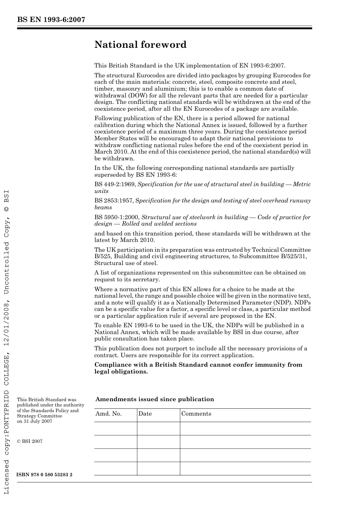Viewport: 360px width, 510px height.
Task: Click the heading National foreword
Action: [140, 45]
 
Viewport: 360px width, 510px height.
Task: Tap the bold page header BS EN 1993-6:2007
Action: [51, 20]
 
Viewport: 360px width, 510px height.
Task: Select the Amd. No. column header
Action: [108, 414]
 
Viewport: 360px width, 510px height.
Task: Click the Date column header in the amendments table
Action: [145, 414]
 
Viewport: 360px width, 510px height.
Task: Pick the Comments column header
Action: [196, 414]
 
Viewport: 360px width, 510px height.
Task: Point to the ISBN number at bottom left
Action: [45, 474]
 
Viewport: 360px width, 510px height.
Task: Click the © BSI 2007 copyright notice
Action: [30, 441]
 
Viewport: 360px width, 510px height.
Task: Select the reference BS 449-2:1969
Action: [115, 184]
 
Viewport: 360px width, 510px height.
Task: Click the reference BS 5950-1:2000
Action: [117, 217]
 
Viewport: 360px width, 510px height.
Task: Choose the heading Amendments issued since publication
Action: [155, 399]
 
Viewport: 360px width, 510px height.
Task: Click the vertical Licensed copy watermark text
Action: [6, 341]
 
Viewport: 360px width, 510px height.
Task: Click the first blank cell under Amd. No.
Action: [115, 428]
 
